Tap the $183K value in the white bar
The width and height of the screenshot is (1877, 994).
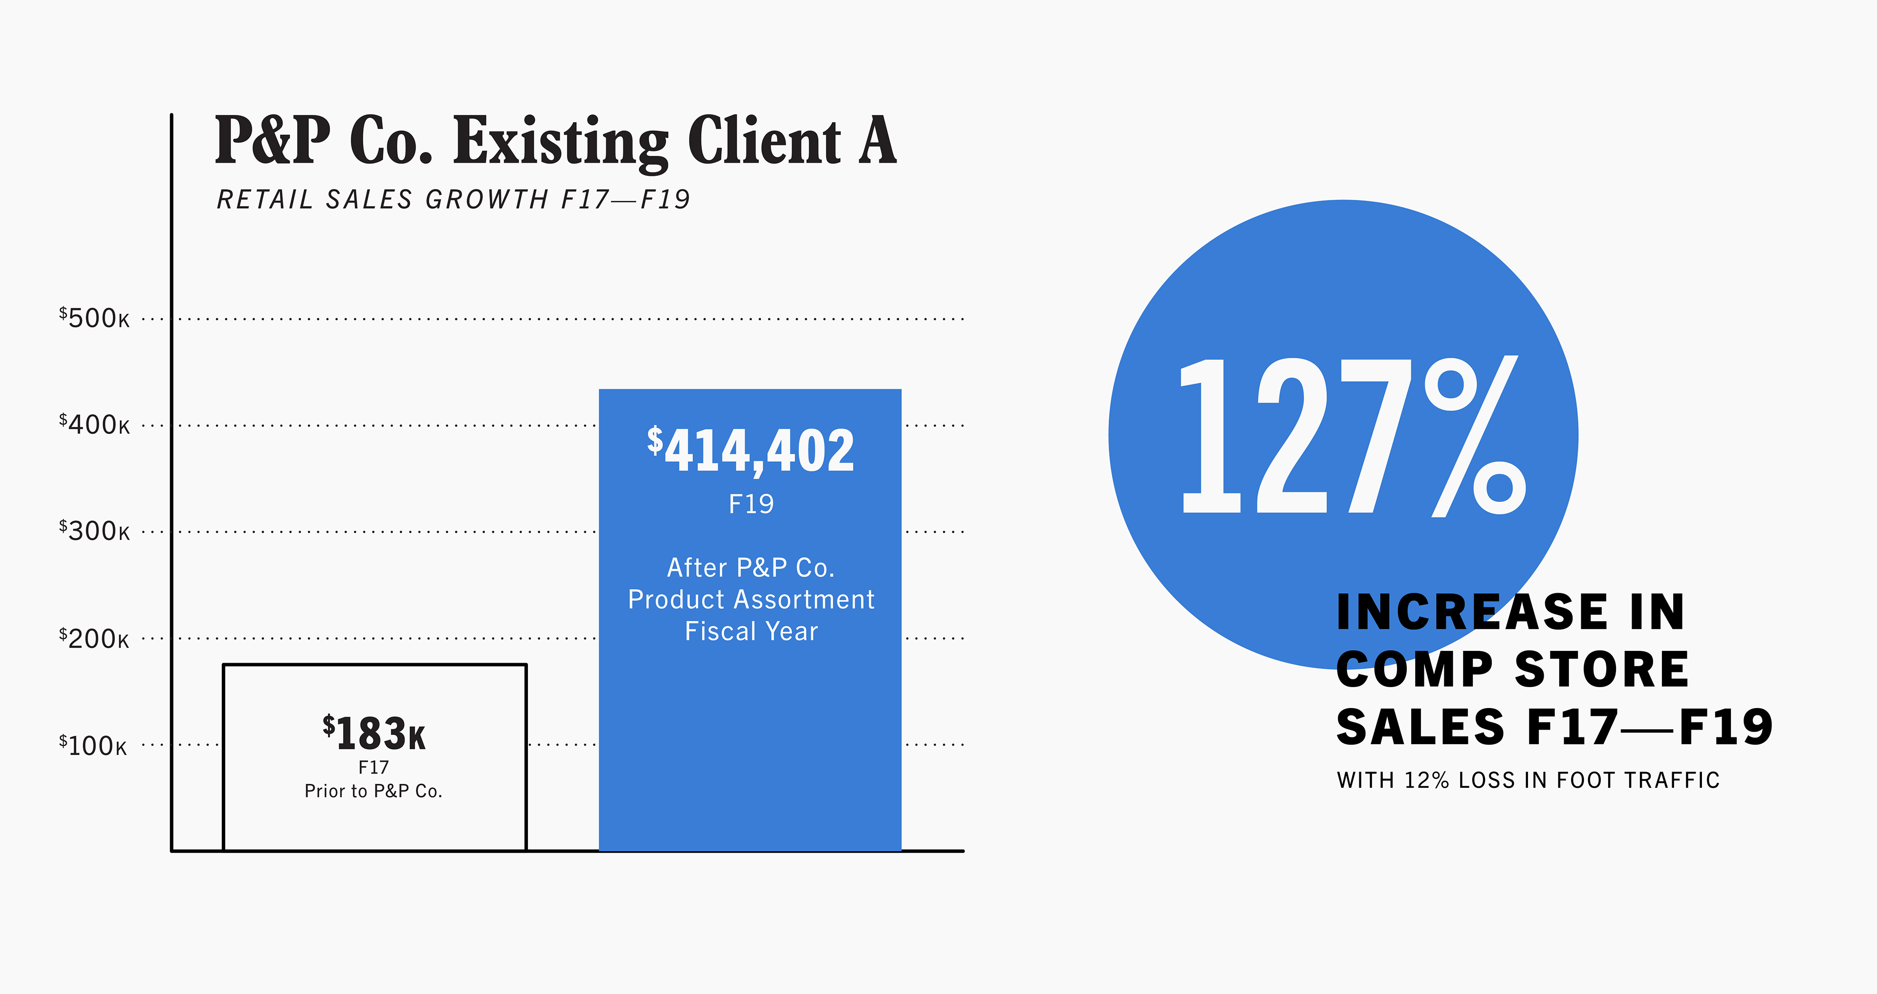click(374, 733)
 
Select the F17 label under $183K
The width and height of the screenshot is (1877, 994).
click(374, 767)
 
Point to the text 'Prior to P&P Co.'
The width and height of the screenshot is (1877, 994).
click(374, 791)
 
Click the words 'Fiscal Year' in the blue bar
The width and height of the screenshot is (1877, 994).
click(751, 631)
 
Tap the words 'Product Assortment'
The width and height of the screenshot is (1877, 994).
click(751, 600)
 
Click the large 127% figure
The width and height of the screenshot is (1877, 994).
click(1352, 437)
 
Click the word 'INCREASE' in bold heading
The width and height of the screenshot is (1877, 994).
click(1472, 612)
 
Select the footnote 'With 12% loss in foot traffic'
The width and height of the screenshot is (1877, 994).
click(1528, 780)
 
